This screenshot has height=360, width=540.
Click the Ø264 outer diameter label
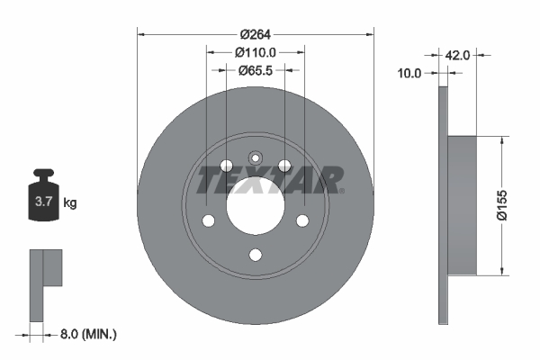coord(255,35)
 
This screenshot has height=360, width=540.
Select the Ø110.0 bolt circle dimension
coord(255,52)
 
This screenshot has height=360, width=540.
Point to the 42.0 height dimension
coord(458,55)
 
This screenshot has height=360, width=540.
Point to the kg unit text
coord(70,203)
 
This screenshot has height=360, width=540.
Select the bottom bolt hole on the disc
coord(255,255)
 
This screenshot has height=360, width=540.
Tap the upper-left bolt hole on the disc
coord(225,165)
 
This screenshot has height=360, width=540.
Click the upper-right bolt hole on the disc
coord(284,165)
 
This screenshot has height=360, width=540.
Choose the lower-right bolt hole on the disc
coord(302,221)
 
